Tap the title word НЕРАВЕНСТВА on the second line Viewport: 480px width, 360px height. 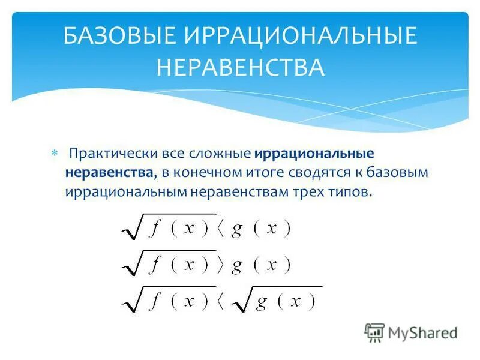(240, 67)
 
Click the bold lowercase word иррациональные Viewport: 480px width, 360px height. (314, 154)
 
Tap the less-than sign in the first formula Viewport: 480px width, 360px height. (220, 230)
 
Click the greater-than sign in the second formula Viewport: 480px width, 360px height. (220, 265)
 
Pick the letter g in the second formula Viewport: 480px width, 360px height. (237, 266)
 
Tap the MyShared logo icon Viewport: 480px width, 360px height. (374, 332)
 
